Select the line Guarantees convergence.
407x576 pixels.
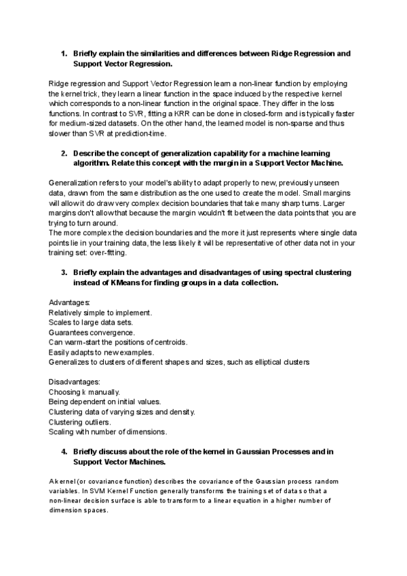pyautogui.click(x=92, y=332)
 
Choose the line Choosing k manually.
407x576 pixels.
pyautogui.click(x=85, y=392)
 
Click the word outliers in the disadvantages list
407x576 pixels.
pyautogui.click(x=98, y=422)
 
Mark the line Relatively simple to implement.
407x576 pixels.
pyautogui.click(x=100, y=312)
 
